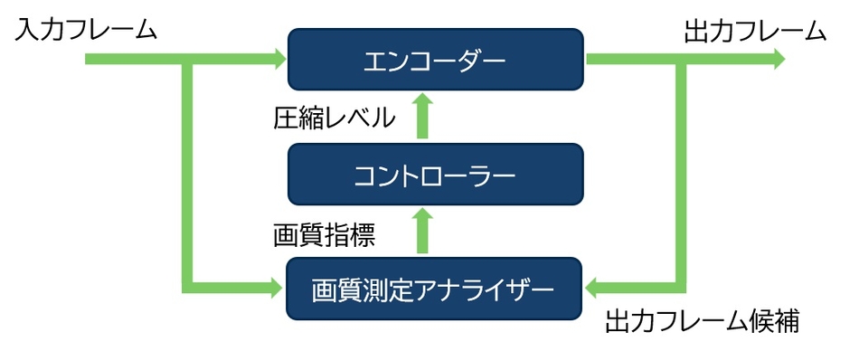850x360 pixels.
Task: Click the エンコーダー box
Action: tap(434, 60)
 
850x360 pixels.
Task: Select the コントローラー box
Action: tap(434, 175)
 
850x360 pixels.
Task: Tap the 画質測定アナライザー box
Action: tap(434, 289)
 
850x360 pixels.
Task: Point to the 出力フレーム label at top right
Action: tap(755, 32)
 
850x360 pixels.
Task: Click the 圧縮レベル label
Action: tap(334, 118)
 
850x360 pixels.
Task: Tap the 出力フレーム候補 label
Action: tap(702, 321)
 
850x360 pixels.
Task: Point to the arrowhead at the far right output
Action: tap(778, 60)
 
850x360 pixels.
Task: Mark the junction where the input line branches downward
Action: tap(188, 60)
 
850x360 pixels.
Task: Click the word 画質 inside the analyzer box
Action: tap(334, 290)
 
